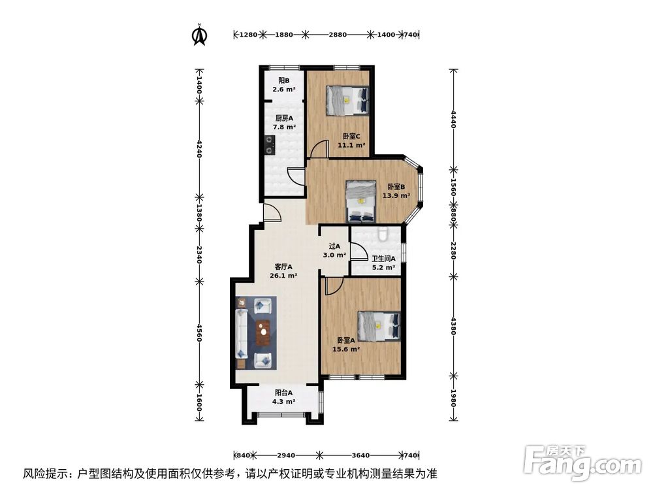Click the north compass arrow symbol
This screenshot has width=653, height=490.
click(199, 35)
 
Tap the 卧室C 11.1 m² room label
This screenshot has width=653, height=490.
click(351, 141)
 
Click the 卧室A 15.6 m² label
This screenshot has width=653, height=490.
click(347, 344)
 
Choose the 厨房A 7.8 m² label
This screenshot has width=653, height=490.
click(283, 122)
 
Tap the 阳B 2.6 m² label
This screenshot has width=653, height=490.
click(283, 85)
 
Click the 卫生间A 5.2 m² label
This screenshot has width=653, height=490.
click(383, 263)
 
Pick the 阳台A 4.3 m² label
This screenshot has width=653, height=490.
click(283, 397)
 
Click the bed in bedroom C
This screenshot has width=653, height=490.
click(347, 100)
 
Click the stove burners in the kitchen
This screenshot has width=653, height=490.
click(268, 143)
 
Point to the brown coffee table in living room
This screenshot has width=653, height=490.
click(264, 333)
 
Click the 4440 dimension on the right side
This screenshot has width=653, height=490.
click(453, 121)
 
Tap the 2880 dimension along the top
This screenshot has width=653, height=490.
click(337, 35)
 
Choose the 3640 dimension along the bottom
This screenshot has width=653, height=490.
click(360, 455)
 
